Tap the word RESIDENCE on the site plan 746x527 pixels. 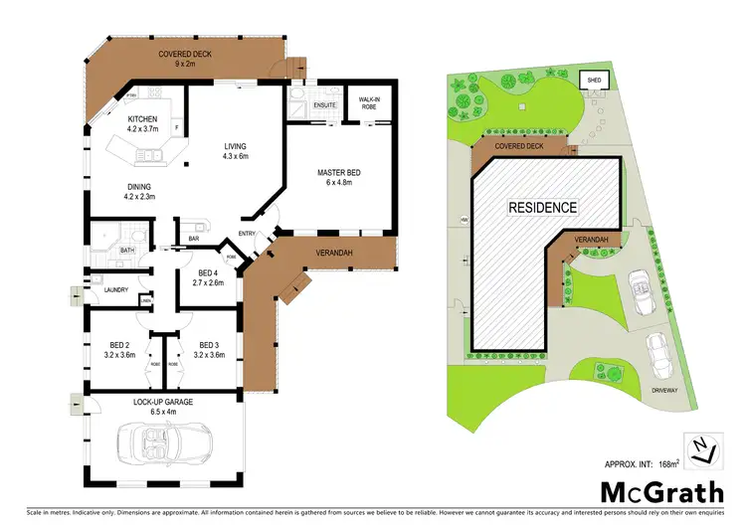point(542,208)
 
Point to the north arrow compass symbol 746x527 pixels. point(702,450)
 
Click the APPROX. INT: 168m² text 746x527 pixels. point(641,463)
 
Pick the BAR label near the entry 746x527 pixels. point(192,239)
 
